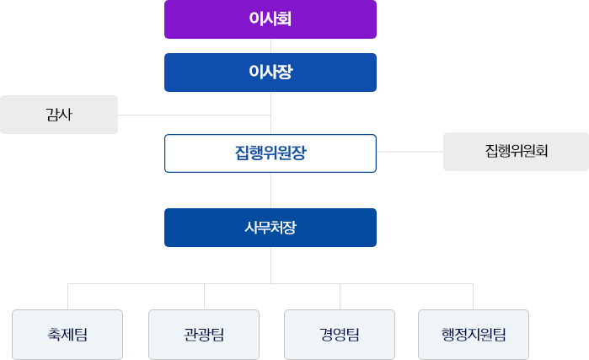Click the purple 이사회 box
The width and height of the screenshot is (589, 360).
[270, 19]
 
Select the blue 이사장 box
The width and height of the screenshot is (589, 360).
[270, 73]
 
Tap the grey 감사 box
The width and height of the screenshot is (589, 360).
[59, 115]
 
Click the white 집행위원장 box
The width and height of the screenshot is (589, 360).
[270, 153]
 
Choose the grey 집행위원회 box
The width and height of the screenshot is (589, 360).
[516, 152]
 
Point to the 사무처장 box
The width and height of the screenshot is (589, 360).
[270, 228]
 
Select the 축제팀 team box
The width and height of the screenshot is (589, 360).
[67, 335]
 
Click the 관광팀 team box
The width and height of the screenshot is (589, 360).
[204, 335]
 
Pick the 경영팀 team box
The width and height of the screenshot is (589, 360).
[340, 335]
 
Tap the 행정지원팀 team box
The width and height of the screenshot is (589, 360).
[474, 335]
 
